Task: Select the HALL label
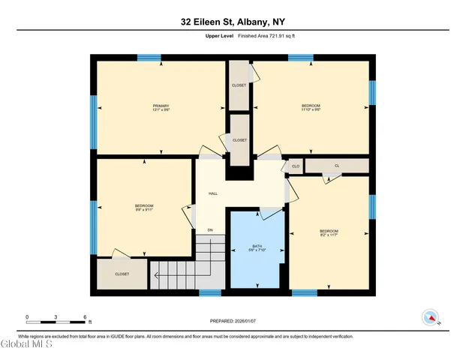[212, 192]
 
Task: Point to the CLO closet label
[295, 166]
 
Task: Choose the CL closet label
[336, 165]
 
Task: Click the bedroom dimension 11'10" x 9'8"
[311, 109]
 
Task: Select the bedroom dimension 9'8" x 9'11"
[144, 210]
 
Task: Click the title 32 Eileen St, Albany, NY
[233, 22]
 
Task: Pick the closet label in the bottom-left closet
[122, 274]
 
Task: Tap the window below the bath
[211, 292]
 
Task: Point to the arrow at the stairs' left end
[157, 276]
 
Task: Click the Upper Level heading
[218, 36]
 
